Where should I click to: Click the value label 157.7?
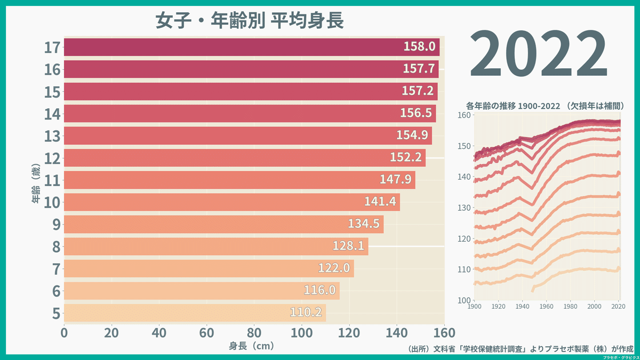point(420,69)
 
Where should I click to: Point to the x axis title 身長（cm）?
point(252,346)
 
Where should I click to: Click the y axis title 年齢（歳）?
point(36,185)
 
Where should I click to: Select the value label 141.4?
point(381,202)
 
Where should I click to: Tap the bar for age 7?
point(208,268)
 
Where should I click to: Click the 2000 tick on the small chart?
point(595,307)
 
